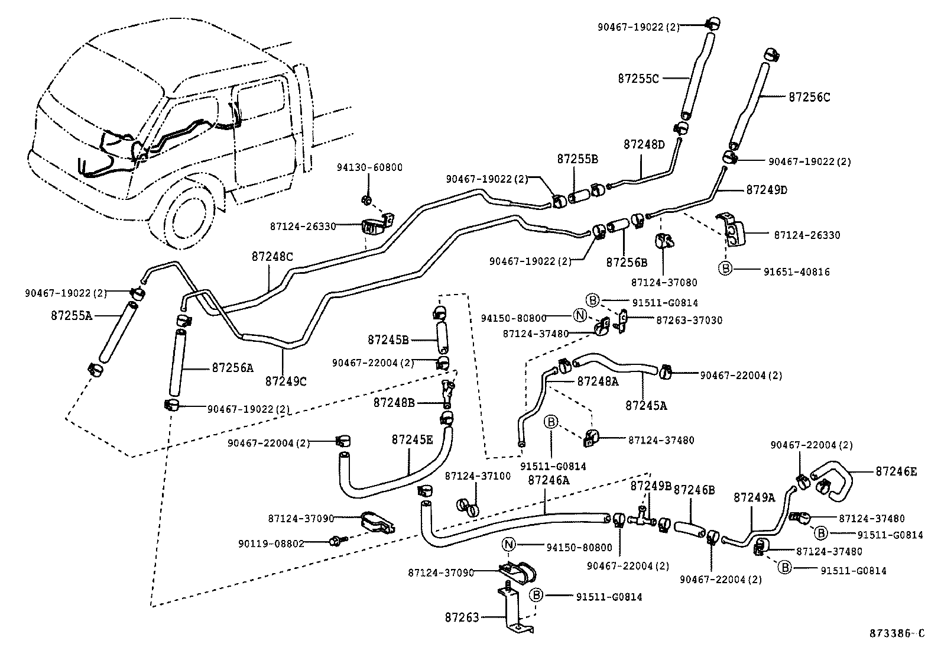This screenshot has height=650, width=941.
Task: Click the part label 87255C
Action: click(638, 78)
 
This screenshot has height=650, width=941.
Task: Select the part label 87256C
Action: click(809, 97)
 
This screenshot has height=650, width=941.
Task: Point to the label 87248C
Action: click(272, 257)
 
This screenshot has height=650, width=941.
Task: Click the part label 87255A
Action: click(71, 315)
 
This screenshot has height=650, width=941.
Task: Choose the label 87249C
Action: click(285, 381)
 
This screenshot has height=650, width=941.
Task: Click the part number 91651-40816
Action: click(796, 272)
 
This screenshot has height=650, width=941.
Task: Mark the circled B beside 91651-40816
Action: click(725, 269)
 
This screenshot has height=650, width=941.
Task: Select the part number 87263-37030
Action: click(689, 320)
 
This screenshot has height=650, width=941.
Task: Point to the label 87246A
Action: click(548, 480)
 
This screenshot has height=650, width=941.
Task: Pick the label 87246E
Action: click(896, 471)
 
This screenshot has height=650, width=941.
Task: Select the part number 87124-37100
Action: click(478, 476)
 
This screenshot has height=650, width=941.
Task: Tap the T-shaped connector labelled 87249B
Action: click(642, 518)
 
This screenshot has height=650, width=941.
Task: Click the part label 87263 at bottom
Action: click(462, 617)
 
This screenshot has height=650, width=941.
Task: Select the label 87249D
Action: click(767, 190)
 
